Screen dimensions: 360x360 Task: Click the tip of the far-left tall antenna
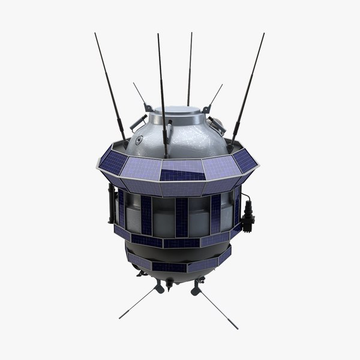point(95,34)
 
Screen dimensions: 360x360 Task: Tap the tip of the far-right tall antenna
point(263,34)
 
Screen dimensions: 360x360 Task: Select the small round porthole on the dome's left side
point(139,139)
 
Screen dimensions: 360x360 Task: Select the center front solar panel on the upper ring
point(182,170)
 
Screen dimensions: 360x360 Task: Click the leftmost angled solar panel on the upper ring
point(113,160)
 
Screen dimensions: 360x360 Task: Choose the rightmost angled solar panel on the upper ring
point(245,160)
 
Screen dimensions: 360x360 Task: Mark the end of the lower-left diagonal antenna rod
point(120,317)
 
